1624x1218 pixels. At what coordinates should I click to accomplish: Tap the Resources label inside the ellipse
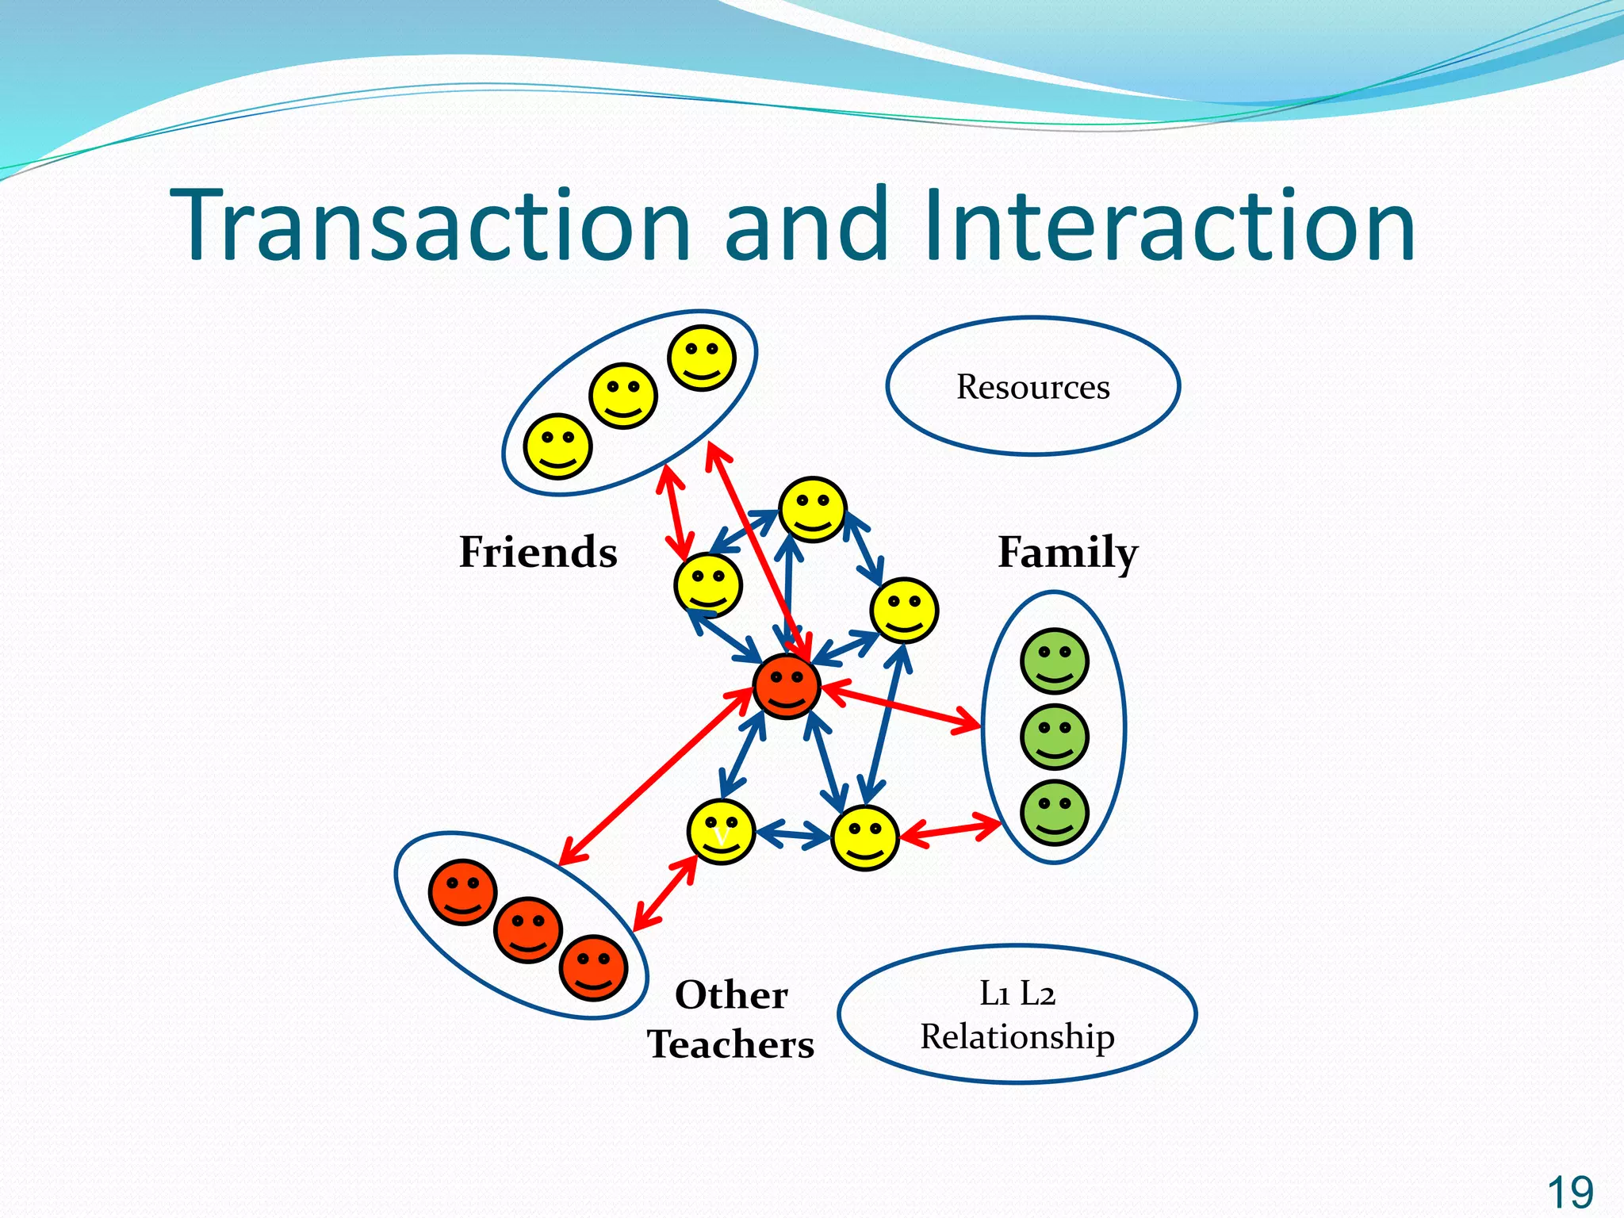1032,387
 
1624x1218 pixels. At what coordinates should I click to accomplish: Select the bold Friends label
538,552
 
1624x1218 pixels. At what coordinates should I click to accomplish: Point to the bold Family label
1067,553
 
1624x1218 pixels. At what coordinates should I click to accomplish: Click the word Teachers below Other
730,1044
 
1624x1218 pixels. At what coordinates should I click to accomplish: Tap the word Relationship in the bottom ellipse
1017,1037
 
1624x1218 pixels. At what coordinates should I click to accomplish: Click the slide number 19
1569,1193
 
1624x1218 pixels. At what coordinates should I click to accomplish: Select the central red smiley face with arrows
786,687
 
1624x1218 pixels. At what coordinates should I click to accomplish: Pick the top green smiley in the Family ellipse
1055,661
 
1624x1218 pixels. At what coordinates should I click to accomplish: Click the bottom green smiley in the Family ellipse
1055,813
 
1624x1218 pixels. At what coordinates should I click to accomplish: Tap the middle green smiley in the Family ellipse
1055,737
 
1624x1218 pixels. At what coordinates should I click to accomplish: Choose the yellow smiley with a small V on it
721,832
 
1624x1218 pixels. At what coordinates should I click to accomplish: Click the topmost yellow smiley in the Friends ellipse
702,358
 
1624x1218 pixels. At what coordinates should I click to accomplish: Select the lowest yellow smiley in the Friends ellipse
558,446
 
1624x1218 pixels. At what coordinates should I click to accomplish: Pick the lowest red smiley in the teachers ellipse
593,967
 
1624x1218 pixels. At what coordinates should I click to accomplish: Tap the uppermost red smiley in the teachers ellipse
463,892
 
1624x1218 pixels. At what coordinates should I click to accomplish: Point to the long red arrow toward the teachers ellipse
655,777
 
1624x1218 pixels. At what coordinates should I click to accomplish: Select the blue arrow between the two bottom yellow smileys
793,834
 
